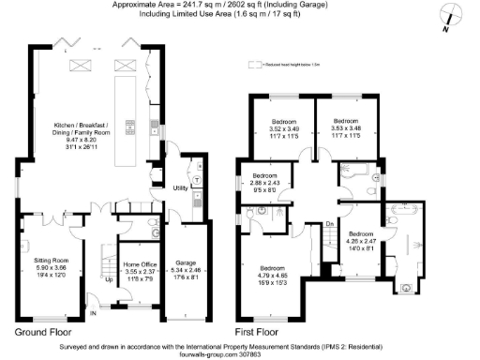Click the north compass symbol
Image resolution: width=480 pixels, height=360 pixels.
pyautogui.click(x=451, y=17)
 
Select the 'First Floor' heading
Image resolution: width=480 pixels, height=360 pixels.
pyautogui.click(x=256, y=332)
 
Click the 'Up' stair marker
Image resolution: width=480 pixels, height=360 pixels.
pyautogui.click(x=109, y=279)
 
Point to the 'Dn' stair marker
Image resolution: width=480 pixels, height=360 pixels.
pyautogui.click(x=330, y=224)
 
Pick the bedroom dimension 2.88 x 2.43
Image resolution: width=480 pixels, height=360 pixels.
pyautogui.click(x=265, y=182)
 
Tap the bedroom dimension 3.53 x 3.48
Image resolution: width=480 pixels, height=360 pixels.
pyautogui.click(x=346, y=128)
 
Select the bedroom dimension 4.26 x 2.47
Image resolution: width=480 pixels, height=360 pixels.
pyautogui.click(x=362, y=240)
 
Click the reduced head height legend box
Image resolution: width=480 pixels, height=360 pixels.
pyautogui.click(x=252, y=65)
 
